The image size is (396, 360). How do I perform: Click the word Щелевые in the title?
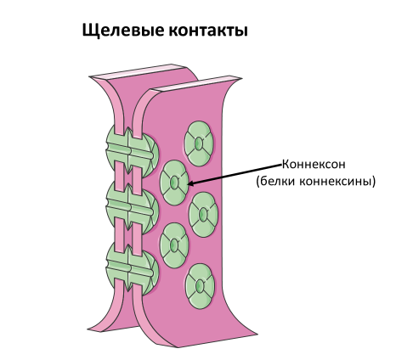[x=123, y=31]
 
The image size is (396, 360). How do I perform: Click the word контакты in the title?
[x=208, y=31]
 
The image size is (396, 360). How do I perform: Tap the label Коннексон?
[x=314, y=164]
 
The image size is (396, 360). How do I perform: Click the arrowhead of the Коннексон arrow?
[x=190, y=183]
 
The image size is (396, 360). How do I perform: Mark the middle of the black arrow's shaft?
[x=235, y=174]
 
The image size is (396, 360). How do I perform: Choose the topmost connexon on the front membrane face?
[x=199, y=143]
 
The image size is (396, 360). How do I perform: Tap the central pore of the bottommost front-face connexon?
[x=200, y=286]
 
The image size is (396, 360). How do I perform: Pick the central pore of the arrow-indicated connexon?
[x=174, y=183]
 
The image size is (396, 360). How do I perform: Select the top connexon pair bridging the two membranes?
[x=132, y=150]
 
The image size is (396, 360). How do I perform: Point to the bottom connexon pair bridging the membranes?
[x=132, y=269]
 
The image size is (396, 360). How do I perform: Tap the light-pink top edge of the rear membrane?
[x=138, y=71]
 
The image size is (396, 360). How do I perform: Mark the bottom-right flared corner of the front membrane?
[x=257, y=334]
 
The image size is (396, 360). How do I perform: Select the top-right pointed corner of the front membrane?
[x=240, y=78]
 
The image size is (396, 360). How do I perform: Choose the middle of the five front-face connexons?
[x=203, y=215]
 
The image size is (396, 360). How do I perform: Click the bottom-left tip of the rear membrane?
[x=88, y=329]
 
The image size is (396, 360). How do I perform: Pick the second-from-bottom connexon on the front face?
[x=174, y=245]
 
